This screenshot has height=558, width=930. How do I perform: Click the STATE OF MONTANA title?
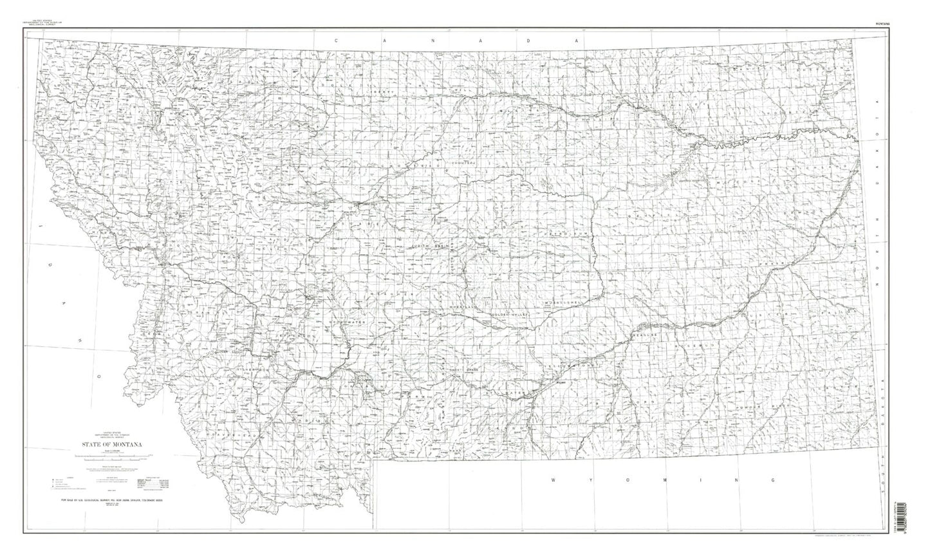111,444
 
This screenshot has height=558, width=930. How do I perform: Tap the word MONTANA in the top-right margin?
884,24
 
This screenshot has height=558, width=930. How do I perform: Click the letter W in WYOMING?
554,480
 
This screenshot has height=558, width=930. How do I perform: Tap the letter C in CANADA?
336,40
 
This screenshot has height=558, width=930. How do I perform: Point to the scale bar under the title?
111,457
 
